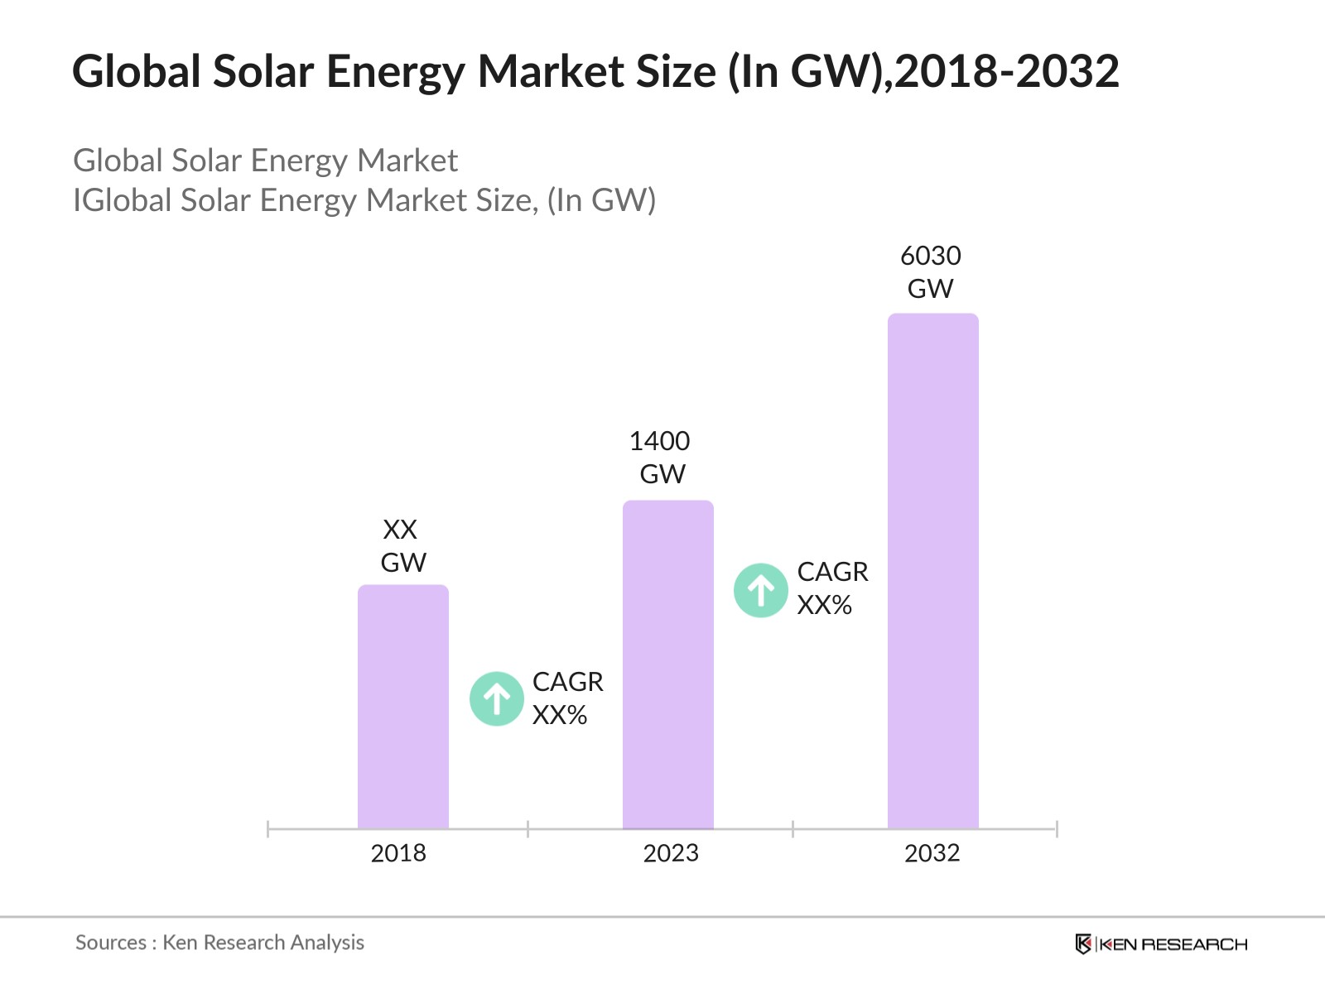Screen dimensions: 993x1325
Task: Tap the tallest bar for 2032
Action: coord(933,570)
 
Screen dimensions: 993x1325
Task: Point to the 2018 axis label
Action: coord(398,853)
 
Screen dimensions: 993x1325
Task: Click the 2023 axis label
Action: coord(671,853)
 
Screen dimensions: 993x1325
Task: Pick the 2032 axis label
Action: coord(932,853)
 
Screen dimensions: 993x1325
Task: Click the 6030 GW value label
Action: coord(931,272)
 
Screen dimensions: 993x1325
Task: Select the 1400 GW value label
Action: coord(661,458)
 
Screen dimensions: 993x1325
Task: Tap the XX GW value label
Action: coord(402,546)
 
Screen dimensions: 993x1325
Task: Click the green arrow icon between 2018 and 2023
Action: coord(497,698)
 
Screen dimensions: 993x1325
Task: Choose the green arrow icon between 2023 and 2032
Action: coord(761,590)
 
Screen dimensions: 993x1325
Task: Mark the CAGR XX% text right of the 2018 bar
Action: coord(567,698)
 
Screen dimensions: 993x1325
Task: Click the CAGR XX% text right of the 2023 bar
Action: coord(832,588)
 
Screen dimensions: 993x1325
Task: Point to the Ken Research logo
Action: coord(1161,944)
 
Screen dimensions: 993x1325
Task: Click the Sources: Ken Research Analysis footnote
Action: coord(219,943)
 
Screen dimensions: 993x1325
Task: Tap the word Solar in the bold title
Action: coord(263,71)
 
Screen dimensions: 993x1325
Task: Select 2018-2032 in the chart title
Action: coord(1007,71)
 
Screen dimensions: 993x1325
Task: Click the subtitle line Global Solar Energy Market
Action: coord(265,161)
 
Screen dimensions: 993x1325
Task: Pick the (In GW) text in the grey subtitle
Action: coord(601,200)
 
